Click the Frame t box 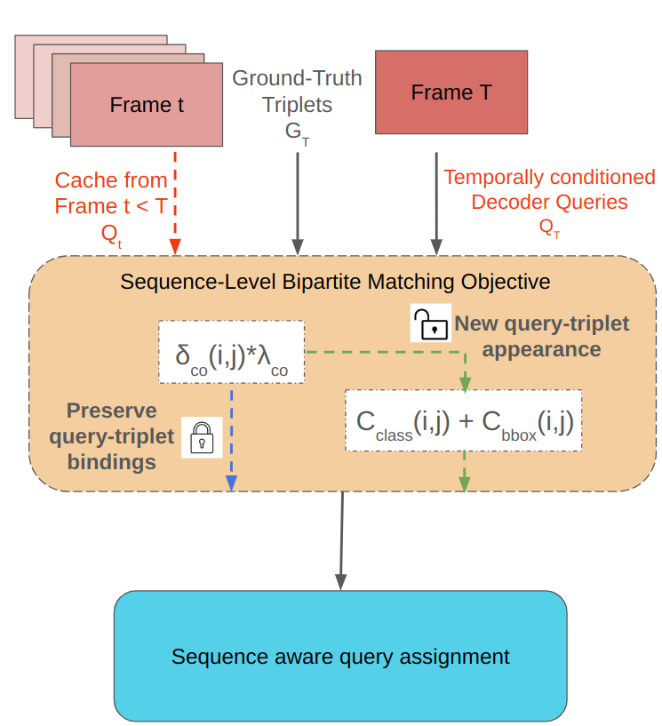coord(146,105)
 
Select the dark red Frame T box coord(451,92)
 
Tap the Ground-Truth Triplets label coord(297,92)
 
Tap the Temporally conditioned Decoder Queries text coord(549,189)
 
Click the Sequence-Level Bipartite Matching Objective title coord(335,282)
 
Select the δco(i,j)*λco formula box coord(231,352)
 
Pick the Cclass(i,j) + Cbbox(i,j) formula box coord(464,420)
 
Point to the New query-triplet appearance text coord(541,336)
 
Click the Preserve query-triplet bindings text coord(111,436)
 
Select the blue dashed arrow coord(231,435)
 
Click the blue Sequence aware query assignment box coord(340,656)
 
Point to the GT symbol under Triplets coord(297,133)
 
